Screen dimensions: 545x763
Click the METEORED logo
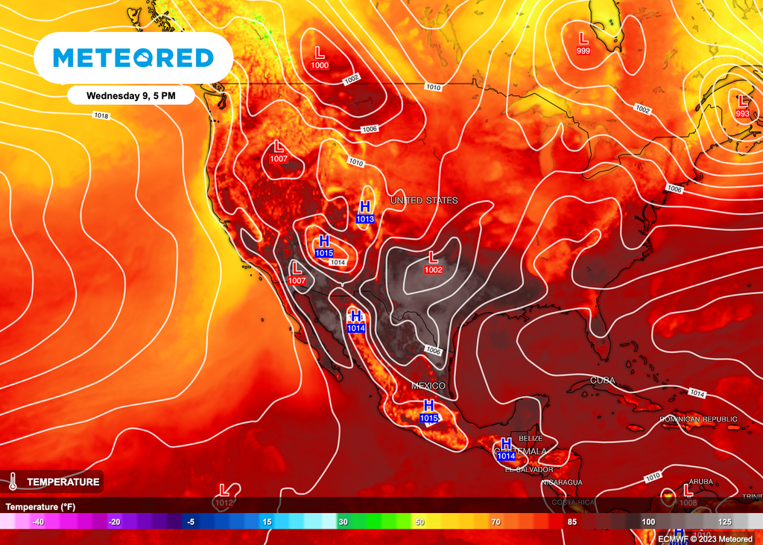pos(133,58)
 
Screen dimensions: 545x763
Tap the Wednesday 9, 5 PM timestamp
pos(130,95)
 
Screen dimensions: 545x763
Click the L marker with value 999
pos(583,42)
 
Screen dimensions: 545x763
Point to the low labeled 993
pos(742,106)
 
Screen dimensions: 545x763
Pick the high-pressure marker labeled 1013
pos(365,211)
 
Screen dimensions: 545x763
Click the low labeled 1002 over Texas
pos(434,262)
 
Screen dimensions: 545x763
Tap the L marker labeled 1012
pos(224,495)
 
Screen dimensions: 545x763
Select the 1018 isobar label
pos(101,115)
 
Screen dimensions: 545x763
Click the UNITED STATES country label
pos(424,201)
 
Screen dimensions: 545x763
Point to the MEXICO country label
pos(428,386)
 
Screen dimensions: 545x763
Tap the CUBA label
pos(602,380)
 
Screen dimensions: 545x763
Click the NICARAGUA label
pos(562,482)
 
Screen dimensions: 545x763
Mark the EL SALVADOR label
pos(529,470)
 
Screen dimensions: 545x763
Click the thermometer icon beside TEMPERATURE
pos(13,482)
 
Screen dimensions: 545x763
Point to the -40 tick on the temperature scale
pos(39,522)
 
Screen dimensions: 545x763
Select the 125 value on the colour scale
pos(724,522)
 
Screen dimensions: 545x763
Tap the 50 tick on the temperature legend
pos(420,522)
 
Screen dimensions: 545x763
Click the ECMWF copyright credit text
pos(705,538)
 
